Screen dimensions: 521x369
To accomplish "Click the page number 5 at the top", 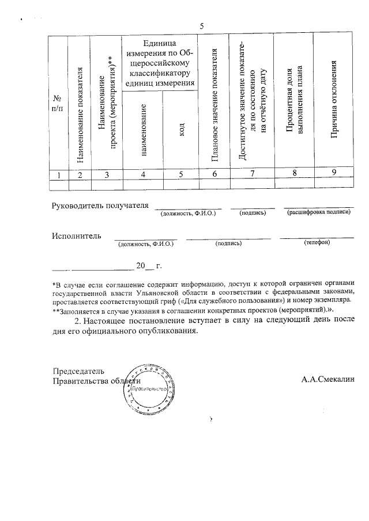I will coord(202,26).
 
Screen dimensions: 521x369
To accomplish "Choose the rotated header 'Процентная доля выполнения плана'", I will coord(293,103).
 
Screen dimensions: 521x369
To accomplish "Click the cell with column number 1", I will coord(57,175).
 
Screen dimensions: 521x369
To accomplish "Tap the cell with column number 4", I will coord(142,175).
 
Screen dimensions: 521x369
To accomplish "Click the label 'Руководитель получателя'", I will coord(100,206).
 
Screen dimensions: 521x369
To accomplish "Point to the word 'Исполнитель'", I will coord(76,235).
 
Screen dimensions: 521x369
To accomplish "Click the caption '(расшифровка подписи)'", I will coord(319,213).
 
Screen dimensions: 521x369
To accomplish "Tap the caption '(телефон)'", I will coord(317,243).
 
